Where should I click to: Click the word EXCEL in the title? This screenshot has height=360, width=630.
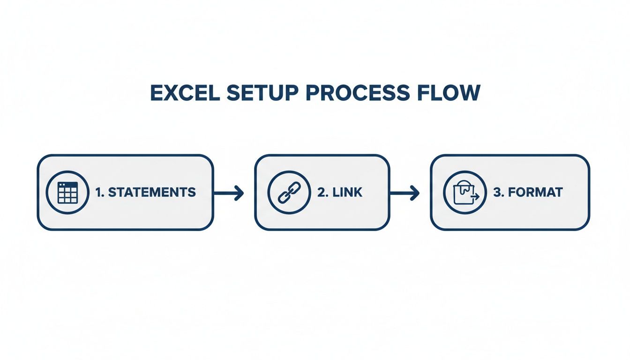(185, 93)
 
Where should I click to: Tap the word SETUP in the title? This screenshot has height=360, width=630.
(262, 93)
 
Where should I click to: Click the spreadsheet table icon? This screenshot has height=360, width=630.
(67, 192)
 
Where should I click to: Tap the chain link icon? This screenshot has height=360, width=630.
(288, 192)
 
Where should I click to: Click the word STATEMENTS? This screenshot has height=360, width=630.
(151, 192)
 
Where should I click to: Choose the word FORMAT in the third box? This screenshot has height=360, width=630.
(535, 192)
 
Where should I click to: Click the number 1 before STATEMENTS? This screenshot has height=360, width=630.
(99, 192)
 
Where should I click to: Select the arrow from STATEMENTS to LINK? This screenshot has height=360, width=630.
(228, 192)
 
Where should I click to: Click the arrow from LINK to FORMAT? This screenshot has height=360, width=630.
(404, 192)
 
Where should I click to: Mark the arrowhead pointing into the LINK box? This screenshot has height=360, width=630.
(240, 192)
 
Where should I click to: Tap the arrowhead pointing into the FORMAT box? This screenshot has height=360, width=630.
(415, 192)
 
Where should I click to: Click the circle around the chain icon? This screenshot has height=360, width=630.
(288, 172)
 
